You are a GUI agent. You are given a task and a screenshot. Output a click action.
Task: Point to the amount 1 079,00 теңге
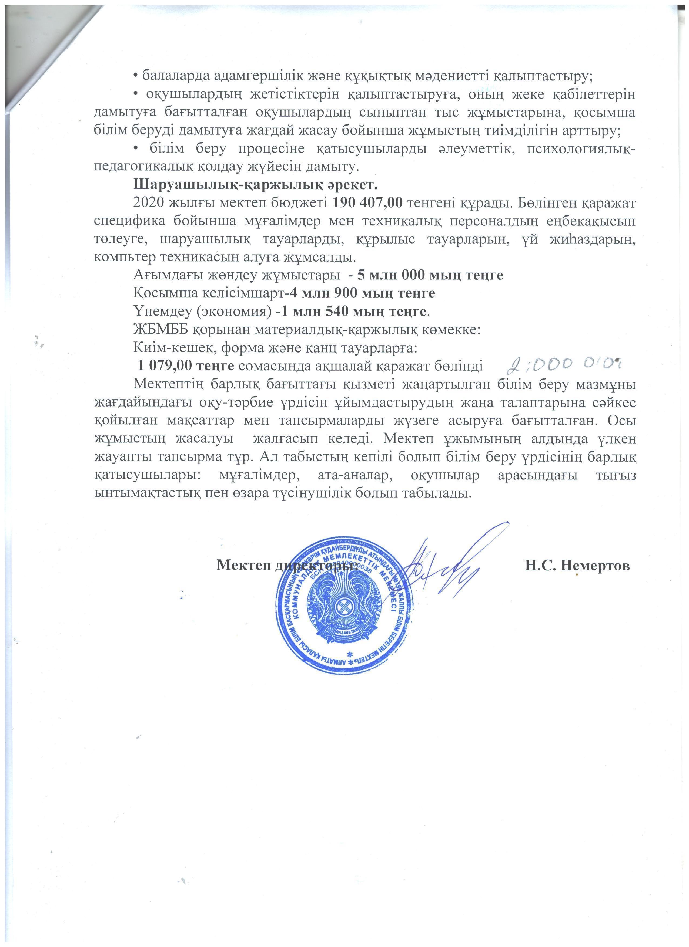point(186,366)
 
